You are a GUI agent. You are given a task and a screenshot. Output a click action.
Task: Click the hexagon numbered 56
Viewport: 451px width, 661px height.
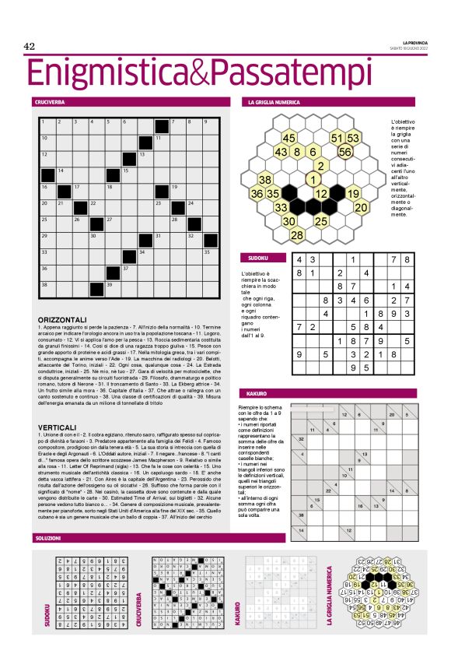tap(345, 152)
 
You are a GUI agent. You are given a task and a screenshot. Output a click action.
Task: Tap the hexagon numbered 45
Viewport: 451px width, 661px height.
tap(288, 138)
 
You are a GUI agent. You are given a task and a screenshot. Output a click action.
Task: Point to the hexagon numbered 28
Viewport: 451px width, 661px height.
tap(296, 234)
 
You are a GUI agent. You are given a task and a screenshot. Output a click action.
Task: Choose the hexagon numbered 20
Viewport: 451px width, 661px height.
tap(361, 207)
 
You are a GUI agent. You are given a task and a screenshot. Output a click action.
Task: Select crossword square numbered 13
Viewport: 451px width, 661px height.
tap(147, 159)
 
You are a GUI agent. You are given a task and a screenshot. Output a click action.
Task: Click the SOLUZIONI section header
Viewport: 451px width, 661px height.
tap(48, 538)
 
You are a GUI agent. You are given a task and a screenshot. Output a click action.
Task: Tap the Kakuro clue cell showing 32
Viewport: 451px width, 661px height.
tap(301, 438)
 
